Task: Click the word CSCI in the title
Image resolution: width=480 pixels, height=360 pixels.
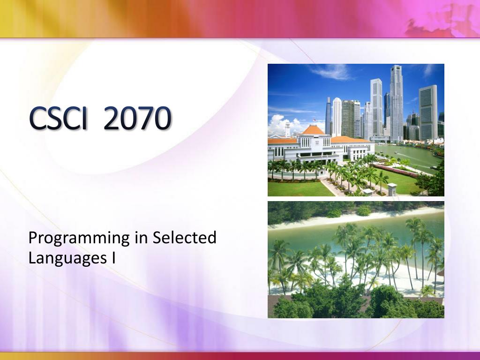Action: click(58, 118)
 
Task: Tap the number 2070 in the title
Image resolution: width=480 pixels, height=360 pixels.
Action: click(137, 118)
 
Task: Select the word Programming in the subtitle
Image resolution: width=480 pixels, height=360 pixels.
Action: click(79, 239)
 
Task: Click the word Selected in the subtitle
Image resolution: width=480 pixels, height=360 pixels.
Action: click(185, 237)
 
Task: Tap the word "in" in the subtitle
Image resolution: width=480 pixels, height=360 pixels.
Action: click(141, 238)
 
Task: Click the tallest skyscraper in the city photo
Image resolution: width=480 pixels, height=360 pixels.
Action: click(396, 103)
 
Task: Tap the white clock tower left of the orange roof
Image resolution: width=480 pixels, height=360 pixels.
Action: click(287, 129)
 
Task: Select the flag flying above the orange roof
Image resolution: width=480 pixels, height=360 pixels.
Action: click(314, 120)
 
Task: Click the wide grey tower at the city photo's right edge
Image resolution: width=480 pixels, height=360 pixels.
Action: click(428, 112)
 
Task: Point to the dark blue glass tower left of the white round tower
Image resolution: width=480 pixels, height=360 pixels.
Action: click(329, 116)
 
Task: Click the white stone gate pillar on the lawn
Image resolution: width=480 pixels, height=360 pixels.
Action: click(392, 188)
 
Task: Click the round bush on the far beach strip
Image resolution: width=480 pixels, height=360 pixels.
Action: click(364, 210)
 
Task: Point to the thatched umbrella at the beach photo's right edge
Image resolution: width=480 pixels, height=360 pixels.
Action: click(441, 272)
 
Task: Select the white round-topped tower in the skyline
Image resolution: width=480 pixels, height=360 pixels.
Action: click(337, 117)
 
